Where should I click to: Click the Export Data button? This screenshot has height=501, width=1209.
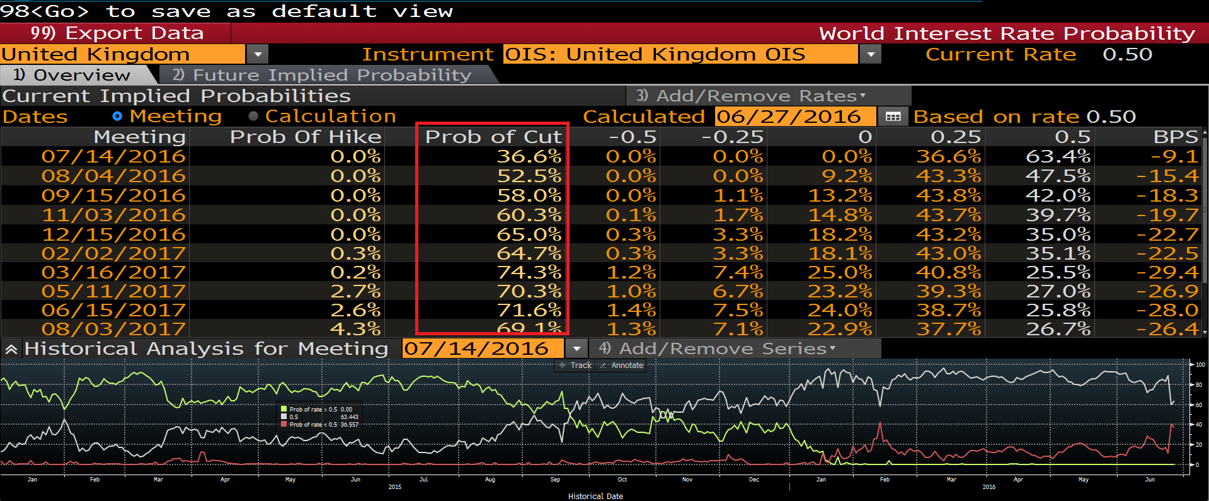click(117, 33)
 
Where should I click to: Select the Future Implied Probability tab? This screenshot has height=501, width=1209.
click(321, 75)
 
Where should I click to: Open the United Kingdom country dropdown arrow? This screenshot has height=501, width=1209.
click(257, 55)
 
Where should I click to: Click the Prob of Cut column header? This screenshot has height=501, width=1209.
click(493, 137)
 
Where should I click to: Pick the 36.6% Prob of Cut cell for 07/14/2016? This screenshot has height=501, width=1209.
click(529, 156)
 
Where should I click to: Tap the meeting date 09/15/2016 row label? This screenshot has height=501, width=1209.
click(113, 195)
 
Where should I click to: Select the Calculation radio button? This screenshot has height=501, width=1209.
click(253, 117)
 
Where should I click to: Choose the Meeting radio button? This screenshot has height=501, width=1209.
click(117, 117)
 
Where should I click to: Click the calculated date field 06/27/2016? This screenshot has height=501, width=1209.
click(788, 117)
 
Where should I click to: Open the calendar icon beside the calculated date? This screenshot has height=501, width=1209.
click(893, 117)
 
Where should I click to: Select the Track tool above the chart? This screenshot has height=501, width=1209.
click(576, 366)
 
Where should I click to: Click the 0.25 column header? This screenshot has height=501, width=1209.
click(956, 137)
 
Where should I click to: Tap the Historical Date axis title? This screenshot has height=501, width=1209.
click(595, 497)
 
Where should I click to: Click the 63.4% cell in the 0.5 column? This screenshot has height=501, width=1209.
click(1058, 156)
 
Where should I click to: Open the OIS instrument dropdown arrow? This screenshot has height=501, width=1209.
click(871, 55)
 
